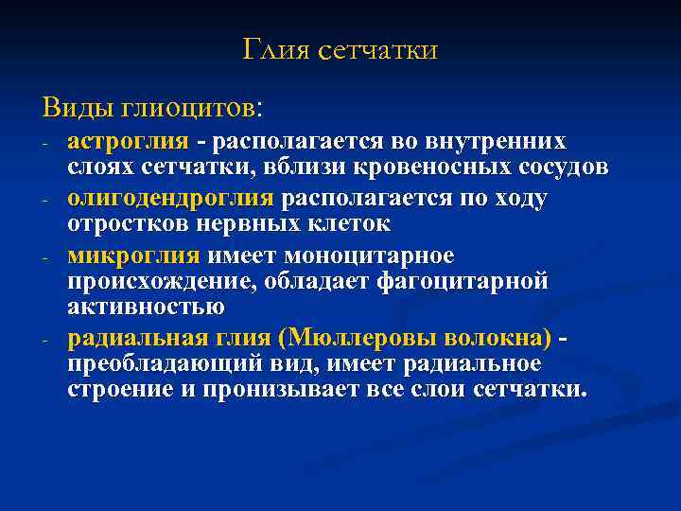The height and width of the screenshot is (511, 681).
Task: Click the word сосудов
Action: (555, 167)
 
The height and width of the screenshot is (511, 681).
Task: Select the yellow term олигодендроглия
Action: (170, 199)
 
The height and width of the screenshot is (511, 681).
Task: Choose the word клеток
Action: (353, 224)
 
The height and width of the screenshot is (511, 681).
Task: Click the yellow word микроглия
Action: (133, 256)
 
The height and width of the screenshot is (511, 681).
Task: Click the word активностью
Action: (146, 307)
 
